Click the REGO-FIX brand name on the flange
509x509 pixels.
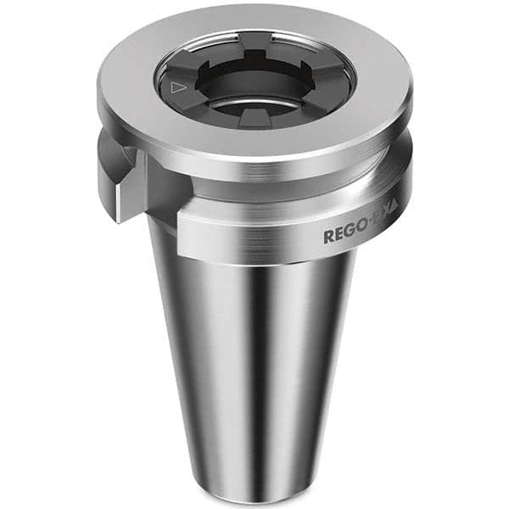point(360,235)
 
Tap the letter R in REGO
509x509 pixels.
point(328,237)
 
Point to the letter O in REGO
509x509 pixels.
point(358,235)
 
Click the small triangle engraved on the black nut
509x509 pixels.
point(177,87)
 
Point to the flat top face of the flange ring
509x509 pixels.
point(255,136)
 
